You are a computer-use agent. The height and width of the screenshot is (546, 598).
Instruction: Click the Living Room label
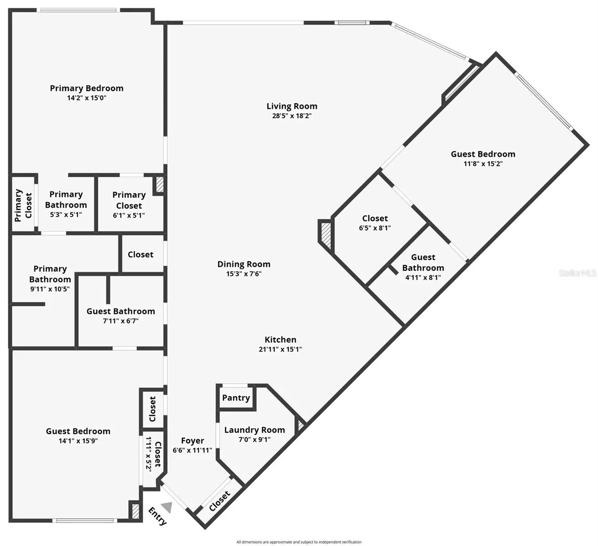click(292, 106)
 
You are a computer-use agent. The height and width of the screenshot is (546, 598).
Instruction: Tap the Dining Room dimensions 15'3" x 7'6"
click(244, 273)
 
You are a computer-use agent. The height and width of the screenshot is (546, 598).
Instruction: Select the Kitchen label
click(281, 339)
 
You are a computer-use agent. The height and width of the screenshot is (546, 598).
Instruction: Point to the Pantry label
click(236, 398)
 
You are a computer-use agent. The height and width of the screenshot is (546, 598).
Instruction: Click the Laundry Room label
click(255, 430)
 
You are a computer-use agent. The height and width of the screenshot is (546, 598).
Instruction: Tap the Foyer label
click(192, 441)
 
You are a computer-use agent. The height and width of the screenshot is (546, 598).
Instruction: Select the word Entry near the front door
click(157, 516)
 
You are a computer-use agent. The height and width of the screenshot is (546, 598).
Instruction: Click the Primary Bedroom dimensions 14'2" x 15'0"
click(86, 98)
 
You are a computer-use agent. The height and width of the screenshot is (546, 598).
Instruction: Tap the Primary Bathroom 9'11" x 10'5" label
click(50, 278)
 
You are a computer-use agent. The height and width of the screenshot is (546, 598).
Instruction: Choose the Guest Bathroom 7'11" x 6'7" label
click(121, 316)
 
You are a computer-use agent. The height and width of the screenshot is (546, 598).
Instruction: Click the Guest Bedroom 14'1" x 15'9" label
click(78, 435)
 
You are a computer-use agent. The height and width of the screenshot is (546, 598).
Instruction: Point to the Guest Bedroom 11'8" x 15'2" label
click(483, 158)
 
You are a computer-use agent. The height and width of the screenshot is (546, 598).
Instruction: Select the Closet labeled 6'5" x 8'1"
click(375, 223)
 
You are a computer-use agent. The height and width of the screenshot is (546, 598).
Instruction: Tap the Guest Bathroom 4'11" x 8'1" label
click(423, 267)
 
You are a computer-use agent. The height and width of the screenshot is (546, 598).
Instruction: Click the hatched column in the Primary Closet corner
click(160, 185)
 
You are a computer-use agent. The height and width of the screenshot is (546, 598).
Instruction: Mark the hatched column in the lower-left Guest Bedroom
click(136, 511)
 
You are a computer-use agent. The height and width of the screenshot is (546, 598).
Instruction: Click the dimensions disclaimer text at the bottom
click(299, 542)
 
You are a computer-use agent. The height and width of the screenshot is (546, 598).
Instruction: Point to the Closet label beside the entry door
click(220, 501)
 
